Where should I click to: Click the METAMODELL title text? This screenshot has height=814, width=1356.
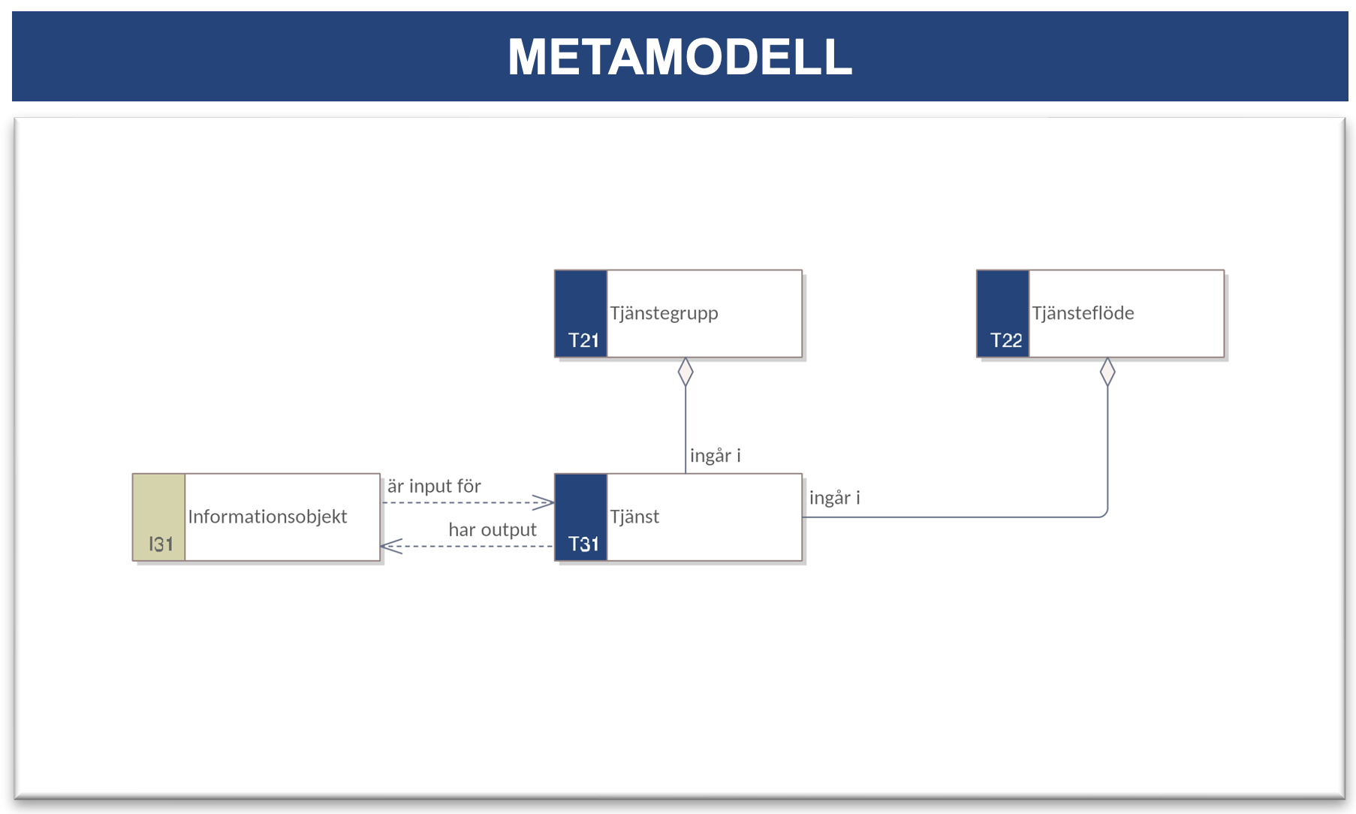pos(680,56)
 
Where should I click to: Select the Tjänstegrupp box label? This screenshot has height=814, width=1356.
pos(664,313)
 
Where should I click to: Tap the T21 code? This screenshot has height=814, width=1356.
pos(583,340)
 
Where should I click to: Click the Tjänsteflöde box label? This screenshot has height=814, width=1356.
pos(1083,312)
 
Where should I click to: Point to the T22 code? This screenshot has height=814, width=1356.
pos(1006,340)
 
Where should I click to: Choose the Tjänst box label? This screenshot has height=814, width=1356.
pos(634,516)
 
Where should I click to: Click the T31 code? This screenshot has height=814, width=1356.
pos(583,544)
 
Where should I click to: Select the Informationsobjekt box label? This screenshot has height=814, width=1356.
pos(267,517)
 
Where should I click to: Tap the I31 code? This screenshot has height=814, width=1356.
pos(161,544)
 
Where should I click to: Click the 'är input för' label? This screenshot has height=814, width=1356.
pos(434,487)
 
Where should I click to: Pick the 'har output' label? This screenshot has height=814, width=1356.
pos(493,529)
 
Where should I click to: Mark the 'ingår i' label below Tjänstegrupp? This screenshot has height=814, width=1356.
pos(715,456)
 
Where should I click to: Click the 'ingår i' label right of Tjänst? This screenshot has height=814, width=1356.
pos(834,498)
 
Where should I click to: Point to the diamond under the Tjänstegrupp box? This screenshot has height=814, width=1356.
pos(686,372)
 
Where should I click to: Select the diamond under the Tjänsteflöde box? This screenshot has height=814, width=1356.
pos(1107,372)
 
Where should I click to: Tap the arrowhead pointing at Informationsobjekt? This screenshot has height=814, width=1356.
pos(391,546)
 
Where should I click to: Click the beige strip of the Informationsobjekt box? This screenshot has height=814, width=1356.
pos(159,517)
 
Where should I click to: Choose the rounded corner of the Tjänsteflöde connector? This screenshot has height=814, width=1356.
pos(1104,514)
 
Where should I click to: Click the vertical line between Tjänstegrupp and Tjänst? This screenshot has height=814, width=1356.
pos(686,430)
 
